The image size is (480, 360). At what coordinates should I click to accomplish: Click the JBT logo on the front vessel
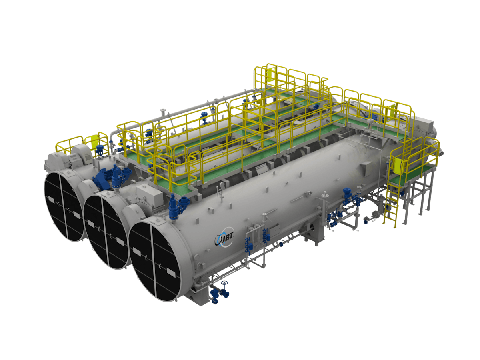[224, 238]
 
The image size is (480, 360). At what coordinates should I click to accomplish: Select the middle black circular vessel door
[107, 232]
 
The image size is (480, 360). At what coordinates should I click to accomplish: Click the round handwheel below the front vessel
[224, 283]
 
